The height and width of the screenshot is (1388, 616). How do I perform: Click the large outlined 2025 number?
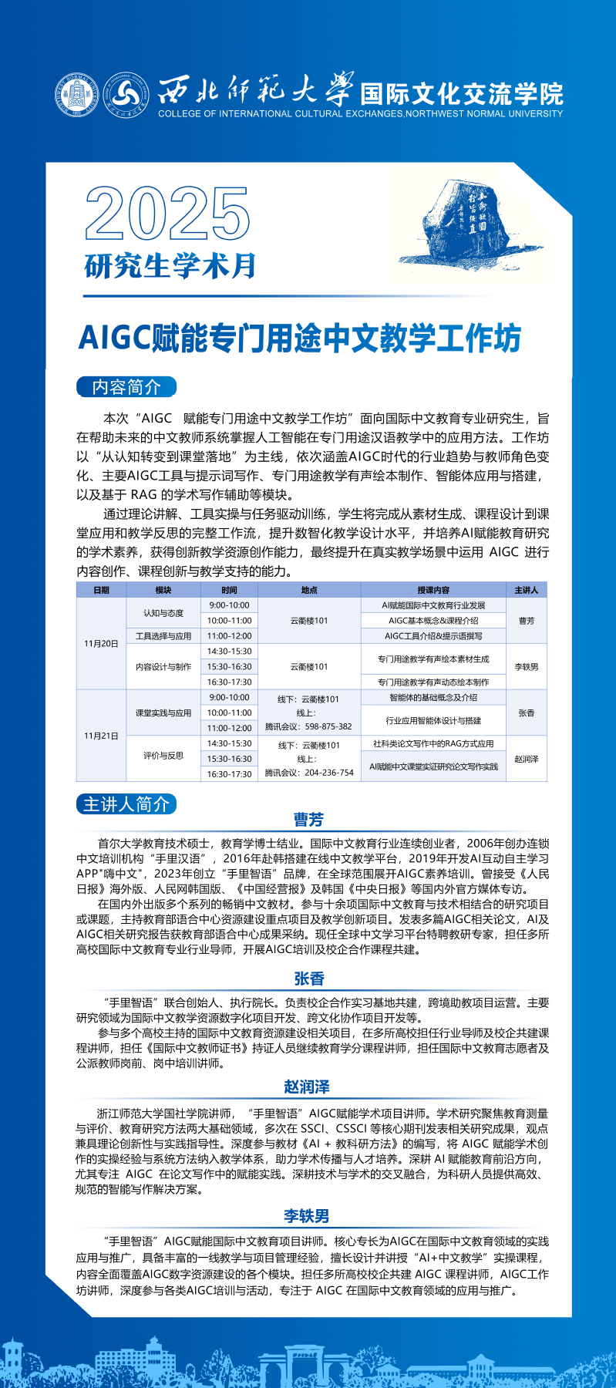tap(167, 214)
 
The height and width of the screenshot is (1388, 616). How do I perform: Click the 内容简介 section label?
tap(126, 387)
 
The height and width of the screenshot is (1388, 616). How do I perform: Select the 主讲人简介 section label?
tap(126, 804)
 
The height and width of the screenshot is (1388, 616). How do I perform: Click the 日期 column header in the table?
tap(101, 590)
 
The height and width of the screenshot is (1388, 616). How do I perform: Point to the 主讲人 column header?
tap(526, 590)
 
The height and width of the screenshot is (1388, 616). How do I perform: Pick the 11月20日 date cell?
tap(101, 643)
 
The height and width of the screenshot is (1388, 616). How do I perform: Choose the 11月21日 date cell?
tap(101, 736)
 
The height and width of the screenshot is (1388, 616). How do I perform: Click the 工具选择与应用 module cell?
tap(163, 636)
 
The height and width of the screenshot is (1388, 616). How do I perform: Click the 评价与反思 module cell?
tap(163, 756)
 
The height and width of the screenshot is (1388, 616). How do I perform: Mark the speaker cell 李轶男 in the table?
tap(526, 667)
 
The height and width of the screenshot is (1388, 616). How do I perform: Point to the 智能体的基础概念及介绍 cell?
tap(433, 697)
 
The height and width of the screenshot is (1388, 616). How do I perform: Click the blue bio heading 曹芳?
tap(308, 820)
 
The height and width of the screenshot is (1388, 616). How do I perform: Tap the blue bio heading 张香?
tap(308, 979)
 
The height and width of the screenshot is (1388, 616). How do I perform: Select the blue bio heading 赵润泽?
tap(307, 1087)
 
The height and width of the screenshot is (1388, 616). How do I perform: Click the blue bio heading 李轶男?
tap(307, 1216)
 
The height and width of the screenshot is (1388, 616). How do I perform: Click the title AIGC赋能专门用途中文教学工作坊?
tap(300, 339)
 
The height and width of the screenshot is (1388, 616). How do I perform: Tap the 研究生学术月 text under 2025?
tap(170, 266)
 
